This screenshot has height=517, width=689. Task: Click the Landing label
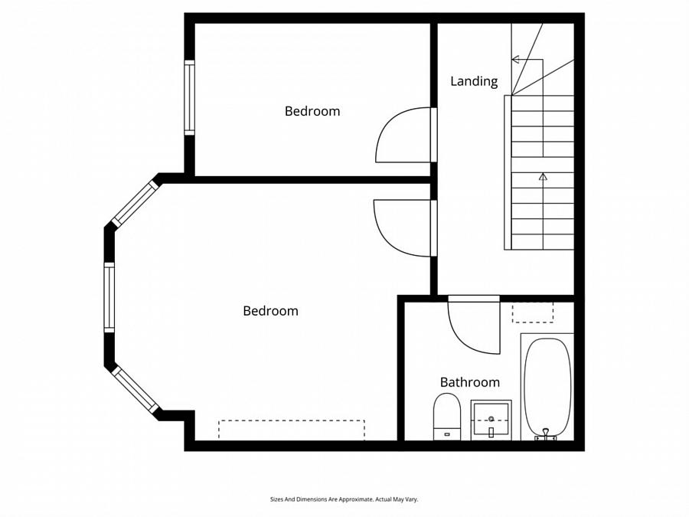point(474,81)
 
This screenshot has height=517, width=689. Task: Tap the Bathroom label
point(469,382)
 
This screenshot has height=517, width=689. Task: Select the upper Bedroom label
point(312,111)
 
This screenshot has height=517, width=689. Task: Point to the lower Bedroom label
point(270,311)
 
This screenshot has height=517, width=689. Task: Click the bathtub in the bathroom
point(547,387)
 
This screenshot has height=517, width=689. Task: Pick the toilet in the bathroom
point(446,416)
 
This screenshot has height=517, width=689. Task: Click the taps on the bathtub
point(547,434)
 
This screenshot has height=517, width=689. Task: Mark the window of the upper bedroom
point(189,97)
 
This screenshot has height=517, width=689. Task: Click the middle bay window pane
point(109,297)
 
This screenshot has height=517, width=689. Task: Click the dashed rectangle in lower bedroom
point(291,430)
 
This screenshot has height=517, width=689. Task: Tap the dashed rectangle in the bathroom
point(532,312)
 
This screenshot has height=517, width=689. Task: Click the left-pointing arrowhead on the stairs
point(515,59)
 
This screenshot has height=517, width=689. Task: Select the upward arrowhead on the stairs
point(543,177)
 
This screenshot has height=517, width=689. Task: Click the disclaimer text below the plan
point(344,499)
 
